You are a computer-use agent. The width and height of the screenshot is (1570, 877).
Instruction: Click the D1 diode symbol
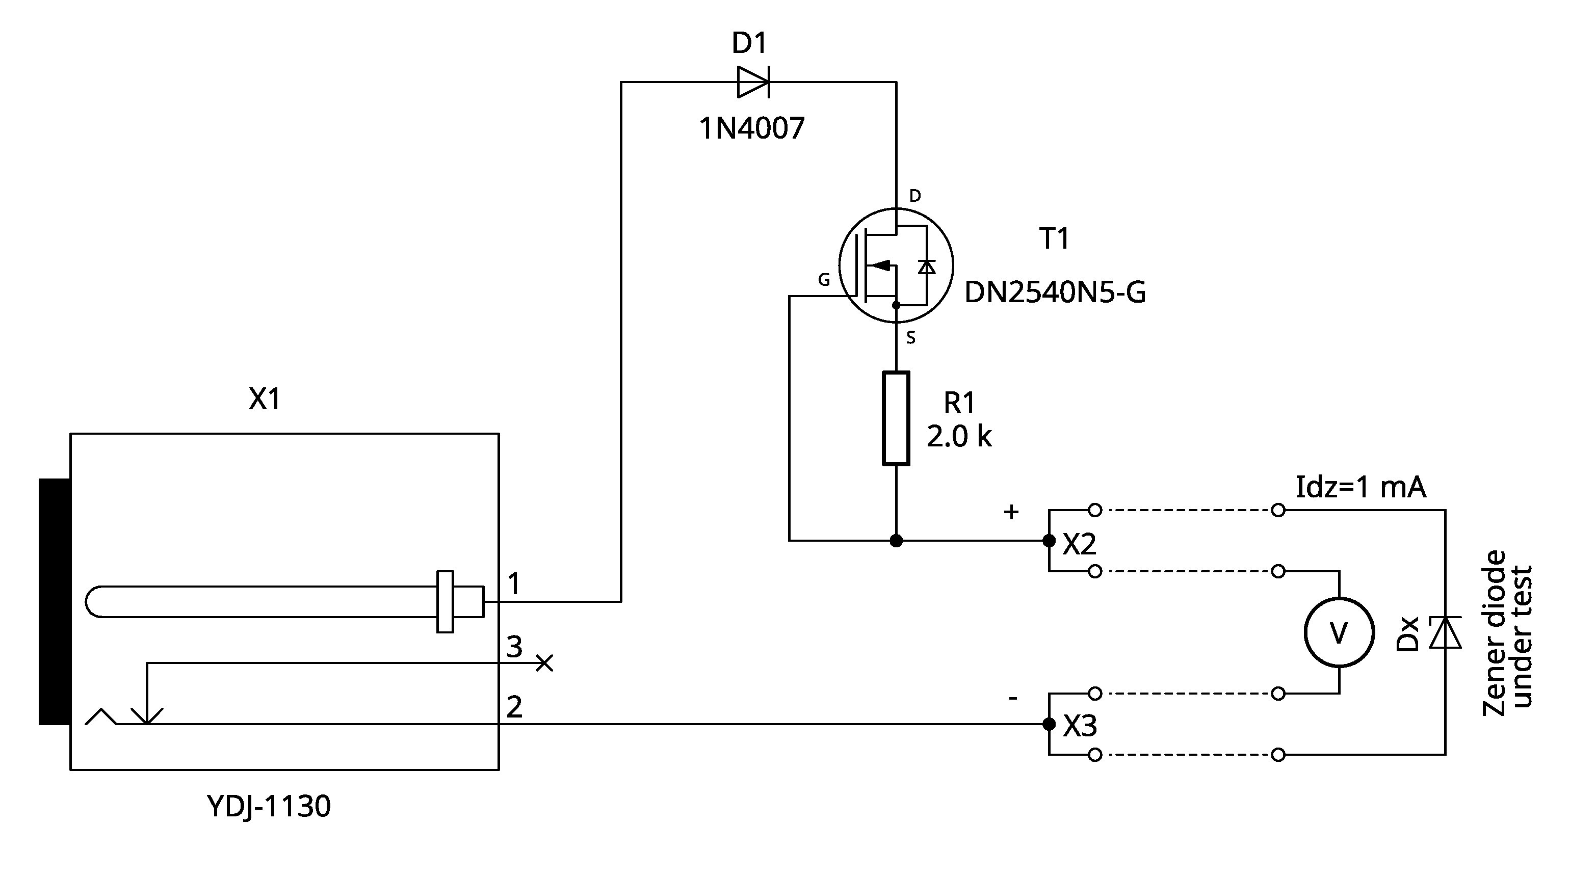pyautogui.click(x=753, y=82)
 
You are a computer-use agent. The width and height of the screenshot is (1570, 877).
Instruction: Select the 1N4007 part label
pyautogui.click(x=751, y=128)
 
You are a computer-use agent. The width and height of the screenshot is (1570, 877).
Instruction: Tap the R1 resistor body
pyautogui.click(x=896, y=418)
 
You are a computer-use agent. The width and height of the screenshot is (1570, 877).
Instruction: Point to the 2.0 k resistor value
pyautogui.click(x=959, y=436)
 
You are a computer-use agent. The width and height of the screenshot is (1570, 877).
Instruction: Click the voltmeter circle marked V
pyautogui.click(x=1339, y=632)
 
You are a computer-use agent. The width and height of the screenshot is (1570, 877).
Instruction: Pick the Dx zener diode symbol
pyautogui.click(x=1445, y=632)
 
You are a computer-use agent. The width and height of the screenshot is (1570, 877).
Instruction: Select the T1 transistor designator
pyautogui.click(x=1054, y=238)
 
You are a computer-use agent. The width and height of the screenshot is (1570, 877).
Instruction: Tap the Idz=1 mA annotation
pyautogui.click(x=1360, y=487)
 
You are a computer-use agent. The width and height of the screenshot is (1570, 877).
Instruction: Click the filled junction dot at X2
pyautogui.click(x=1049, y=541)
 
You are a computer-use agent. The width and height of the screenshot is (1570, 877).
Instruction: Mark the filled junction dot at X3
pyautogui.click(x=1049, y=724)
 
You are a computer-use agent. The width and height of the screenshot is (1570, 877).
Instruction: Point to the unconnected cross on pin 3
pyautogui.click(x=544, y=663)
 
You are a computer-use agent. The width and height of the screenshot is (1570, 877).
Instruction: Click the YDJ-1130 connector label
pyautogui.click(x=269, y=806)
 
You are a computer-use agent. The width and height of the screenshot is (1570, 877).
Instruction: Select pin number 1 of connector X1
pyautogui.click(x=514, y=584)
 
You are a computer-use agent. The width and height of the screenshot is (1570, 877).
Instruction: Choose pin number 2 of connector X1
pyautogui.click(x=514, y=707)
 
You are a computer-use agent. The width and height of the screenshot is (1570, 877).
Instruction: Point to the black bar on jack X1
pyautogui.click(x=54, y=601)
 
